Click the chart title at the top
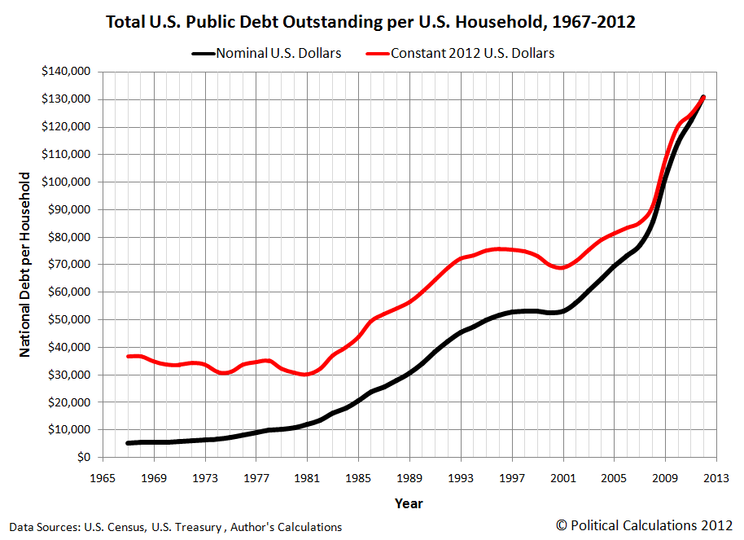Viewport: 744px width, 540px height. click(371, 22)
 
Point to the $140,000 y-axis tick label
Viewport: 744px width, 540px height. click(66, 72)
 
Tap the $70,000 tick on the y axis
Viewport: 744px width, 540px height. click(69, 265)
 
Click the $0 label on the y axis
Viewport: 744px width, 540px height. click(83, 458)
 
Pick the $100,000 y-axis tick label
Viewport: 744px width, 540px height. click(66, 182)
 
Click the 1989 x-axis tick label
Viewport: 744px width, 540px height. click(409, 478)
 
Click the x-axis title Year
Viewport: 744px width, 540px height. click(409, 503)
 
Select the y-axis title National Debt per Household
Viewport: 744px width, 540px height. click(25, 264)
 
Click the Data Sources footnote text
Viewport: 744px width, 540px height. click(175, 527)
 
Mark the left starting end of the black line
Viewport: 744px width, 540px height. click(129, 443)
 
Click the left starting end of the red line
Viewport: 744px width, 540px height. click(129, 356)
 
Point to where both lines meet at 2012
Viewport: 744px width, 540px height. click(702, 98)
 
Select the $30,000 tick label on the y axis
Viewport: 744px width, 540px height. click(69, 375)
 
